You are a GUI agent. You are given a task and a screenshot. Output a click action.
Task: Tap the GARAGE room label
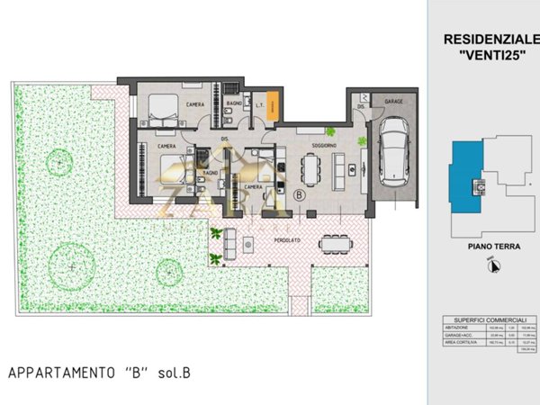tap(394, 102)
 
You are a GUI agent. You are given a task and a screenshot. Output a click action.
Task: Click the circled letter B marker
tap(300, 193)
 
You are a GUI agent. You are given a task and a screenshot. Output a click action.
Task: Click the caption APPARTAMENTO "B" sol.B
tap(99, 372)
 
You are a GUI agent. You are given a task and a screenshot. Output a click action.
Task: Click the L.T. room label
tap(260, 108)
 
